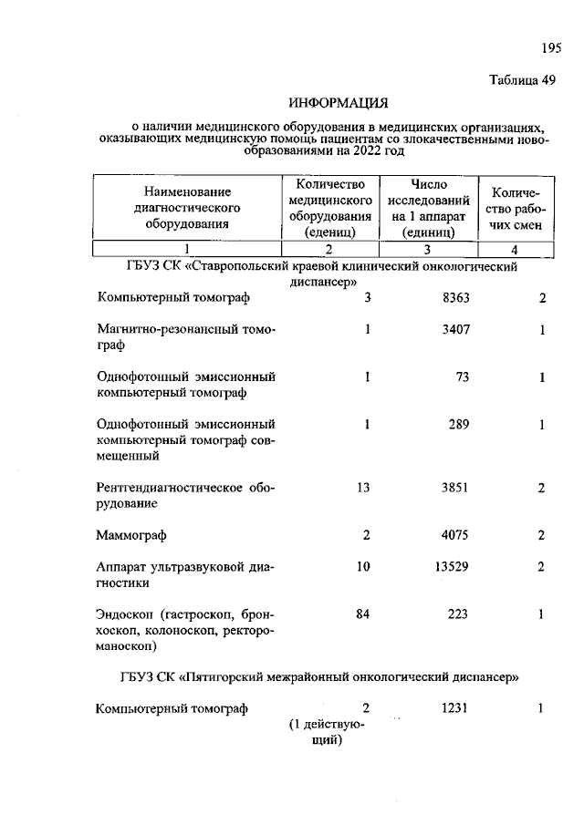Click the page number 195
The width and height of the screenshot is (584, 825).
tap(549, 47)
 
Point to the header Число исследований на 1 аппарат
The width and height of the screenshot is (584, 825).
tap(429, 208)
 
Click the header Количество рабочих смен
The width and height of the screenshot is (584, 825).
tap(516, 208)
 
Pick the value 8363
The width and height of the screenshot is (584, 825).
tap(454, 298)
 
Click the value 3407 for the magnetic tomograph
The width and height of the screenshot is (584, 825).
tap(454, 329)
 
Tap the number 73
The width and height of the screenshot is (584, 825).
tap(462, 376)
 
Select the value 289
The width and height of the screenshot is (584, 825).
tap(459, 424)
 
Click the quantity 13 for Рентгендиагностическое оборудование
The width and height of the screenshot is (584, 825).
tap(362, 488)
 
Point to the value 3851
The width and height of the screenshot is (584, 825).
tap(454, 488)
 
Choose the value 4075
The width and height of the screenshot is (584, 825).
tap(454, 535)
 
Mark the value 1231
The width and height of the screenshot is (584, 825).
tap(454, 708)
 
